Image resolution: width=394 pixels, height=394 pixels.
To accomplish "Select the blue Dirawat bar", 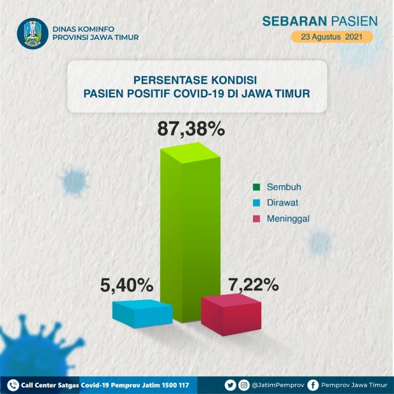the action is coord(142,313).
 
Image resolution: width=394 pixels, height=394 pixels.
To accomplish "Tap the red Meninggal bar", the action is coord(231,315).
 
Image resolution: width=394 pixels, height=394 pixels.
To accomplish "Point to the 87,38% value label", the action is coord(191,128).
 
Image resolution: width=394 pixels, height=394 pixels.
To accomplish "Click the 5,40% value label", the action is coord(126,285).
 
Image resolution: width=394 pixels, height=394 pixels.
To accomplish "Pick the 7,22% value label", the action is coord(254,285).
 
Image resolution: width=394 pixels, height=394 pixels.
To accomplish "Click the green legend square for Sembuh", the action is coord(256,187).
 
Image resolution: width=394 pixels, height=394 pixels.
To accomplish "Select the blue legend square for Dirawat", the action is coord(256,203).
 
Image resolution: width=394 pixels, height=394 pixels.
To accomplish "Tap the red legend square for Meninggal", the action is coord(256,219).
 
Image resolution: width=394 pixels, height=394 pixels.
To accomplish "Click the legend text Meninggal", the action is coord(288,219).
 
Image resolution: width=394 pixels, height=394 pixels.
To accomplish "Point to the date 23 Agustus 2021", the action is coord(332,37).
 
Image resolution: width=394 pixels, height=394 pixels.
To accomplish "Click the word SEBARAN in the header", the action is coord(294,21).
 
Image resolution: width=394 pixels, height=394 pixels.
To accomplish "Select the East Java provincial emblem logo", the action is coord(32,34).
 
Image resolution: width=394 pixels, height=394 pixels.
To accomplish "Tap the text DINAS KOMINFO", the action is coord(83,29).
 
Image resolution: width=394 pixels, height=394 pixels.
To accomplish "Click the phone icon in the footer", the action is coord(13,385).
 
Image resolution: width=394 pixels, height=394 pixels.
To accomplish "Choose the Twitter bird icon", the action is coord(230,385).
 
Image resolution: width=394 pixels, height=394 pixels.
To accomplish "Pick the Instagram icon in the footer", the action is coord(244,385).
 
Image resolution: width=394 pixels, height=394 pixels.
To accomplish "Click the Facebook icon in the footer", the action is coord(313,385).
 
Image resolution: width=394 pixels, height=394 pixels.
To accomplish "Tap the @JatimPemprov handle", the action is coord(278,385).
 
